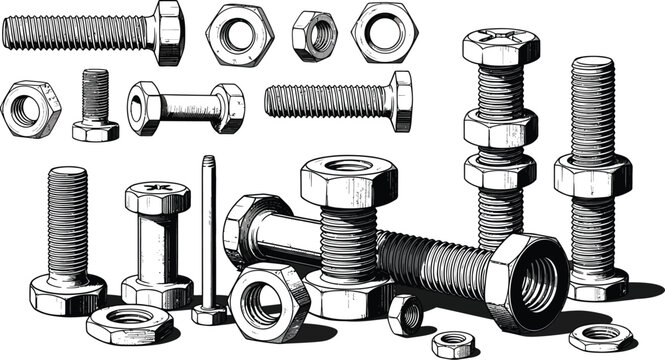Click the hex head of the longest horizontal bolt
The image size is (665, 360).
168,33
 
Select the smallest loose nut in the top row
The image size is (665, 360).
314,36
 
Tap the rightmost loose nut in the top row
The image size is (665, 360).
384,32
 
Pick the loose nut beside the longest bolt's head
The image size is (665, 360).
240,35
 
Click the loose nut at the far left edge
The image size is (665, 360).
30,109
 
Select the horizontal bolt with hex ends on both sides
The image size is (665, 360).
186,106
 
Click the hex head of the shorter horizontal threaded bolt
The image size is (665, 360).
401,100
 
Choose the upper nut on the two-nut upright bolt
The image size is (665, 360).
500,128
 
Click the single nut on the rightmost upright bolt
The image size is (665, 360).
592,175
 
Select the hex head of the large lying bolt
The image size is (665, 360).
242,230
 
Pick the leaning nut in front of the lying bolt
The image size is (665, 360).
268,301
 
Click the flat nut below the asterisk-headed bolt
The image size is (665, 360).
129,324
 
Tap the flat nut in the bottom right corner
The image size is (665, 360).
601,336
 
